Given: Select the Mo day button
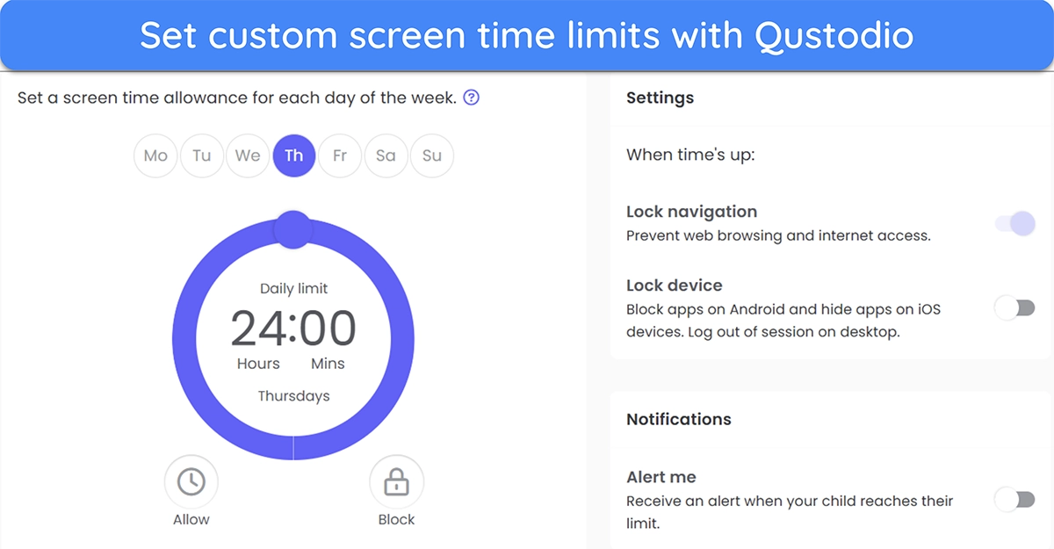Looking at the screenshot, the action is [155, 155].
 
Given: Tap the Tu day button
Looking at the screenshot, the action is [201, 155].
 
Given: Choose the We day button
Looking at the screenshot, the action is [248, 155].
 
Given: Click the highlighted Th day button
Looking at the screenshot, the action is [293, 155].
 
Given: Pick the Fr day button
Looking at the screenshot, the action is [340, 155].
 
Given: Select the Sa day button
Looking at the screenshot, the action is [386, 155].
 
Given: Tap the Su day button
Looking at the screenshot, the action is [432, 155].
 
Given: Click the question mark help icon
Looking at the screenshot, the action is [471, 98].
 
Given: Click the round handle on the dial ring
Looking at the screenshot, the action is [293, 229].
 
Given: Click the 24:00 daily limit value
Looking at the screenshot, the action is [293, 328].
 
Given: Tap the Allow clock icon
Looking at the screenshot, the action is [191, 481].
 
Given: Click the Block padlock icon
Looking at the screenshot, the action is [396, 481].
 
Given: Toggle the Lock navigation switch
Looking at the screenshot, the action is [1015, 223].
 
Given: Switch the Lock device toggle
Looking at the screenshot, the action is [1015, 308].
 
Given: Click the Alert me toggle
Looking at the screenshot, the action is [1015, 500].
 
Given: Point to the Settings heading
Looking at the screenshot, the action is [660, 98].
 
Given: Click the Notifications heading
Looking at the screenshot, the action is [678, 419].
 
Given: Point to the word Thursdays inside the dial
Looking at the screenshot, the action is [293, 396].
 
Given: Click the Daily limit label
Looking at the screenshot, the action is [293, 288].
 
